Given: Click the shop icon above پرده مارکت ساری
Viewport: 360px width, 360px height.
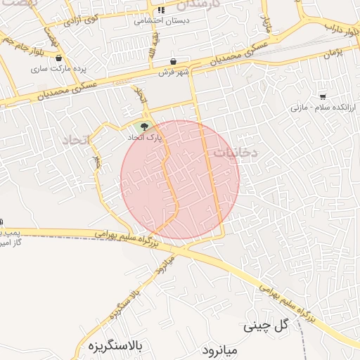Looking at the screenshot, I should (58, 59).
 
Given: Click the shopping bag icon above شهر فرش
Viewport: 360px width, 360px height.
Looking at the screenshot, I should (174, 62).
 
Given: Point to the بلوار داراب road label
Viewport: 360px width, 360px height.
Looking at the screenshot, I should (340, 28).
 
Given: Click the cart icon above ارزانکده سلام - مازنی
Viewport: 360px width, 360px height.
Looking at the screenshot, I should (322, 96).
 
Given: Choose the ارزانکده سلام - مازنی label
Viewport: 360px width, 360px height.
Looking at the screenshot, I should (323, 108).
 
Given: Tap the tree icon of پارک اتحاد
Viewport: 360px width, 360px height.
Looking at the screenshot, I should (144, 127).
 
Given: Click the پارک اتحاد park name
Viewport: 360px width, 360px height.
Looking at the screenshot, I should (144, 139).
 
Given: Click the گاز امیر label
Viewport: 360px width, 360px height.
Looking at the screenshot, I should (12, 242).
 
